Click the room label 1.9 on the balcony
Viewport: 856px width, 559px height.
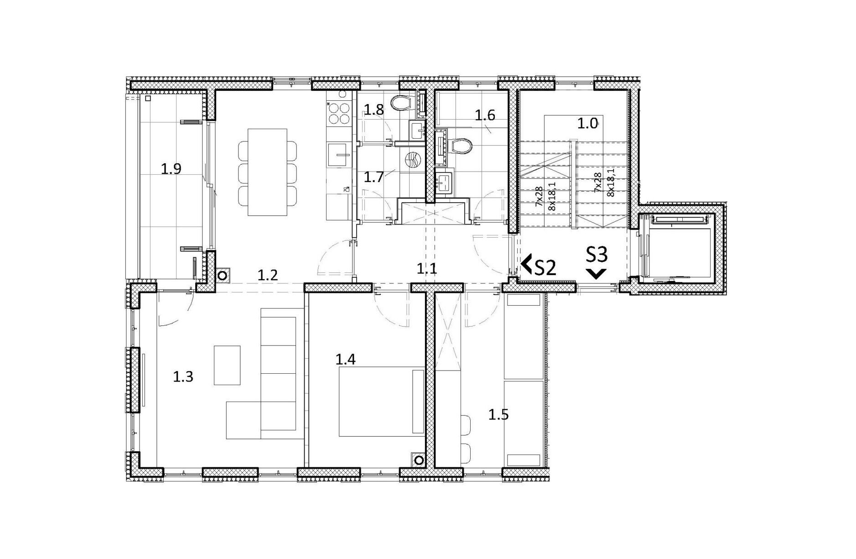pos(171,169)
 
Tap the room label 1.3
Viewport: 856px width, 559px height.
pos(183,377)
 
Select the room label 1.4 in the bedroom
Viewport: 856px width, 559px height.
pos(345,360)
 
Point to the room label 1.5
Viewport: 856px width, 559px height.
pos(498,415)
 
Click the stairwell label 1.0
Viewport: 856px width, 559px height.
pos(588,123)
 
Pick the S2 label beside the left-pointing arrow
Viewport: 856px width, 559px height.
pos(545,268)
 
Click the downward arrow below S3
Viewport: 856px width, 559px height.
pos(597,274)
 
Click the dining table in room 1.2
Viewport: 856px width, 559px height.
pos(267,172)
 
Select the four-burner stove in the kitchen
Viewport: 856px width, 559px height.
pos(339,113)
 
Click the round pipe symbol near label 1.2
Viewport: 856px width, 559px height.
pos(223,276)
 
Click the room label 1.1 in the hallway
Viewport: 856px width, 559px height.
pos(427,269)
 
